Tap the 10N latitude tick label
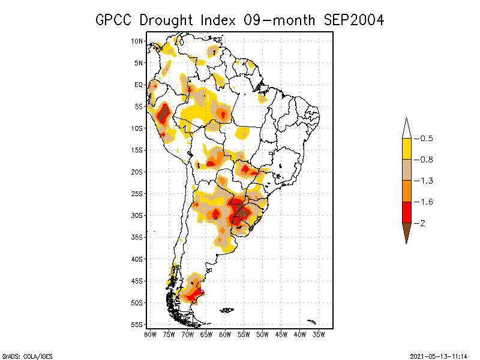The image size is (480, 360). tap(137, 41)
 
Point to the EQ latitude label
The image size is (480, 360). tap(139, 85)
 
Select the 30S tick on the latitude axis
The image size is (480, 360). tap(137, 215)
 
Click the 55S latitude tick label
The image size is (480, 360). tap(137, 325)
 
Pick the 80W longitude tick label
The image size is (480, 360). tap(150, 334)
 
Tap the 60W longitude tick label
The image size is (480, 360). tap(226, 334)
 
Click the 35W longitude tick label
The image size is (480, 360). tap(319, 334)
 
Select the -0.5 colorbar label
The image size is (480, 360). tap(426, 139)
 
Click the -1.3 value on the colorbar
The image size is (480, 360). tap(426, 181)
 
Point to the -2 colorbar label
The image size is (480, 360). tap(422, 223)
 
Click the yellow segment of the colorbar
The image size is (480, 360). tap(406, 149)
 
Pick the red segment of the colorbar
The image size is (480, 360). tap(406, 212)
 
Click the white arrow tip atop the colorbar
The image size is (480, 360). tap(406, 128)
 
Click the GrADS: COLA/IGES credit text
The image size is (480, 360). tap(20, 355)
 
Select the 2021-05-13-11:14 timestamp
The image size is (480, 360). tap(439, 355)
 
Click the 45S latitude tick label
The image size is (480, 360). tap(137, 281)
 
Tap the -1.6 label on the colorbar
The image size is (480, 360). tap(426, 202)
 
